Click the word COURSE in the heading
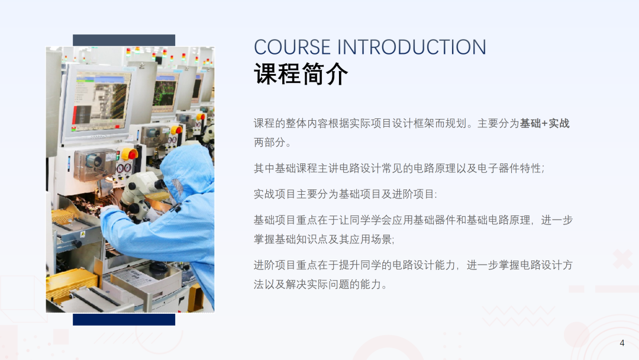pos(292,47)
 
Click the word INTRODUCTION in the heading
pos(412,47)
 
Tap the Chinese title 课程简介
pos(301,74)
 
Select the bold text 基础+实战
pos(544,123)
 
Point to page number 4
pos(622,343)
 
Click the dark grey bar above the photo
pos(124,40)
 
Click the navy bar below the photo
pos(124,319)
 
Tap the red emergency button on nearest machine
pos(130,154)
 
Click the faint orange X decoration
pos(622,259)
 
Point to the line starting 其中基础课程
pos(399,168)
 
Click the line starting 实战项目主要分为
pos(345,194)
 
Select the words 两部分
pos(269,142)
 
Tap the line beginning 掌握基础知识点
pos(324,239)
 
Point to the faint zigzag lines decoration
pos(518,316)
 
